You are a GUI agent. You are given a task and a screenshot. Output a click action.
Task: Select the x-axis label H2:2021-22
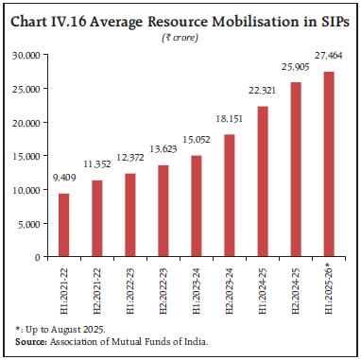[99, 289]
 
